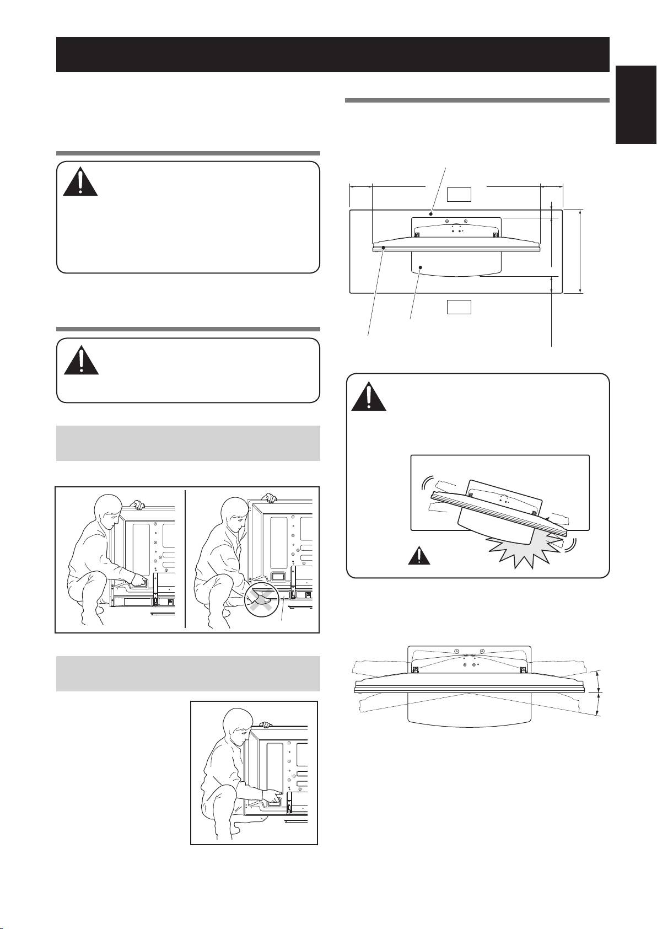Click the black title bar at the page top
pos(332,54)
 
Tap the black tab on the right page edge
pos(636,104)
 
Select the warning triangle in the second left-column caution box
pos(80,361)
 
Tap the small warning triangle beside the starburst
pos(419,556)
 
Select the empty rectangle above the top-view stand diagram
pos(459,194)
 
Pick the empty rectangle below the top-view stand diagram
pos(459,307)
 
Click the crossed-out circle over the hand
pos(261,598)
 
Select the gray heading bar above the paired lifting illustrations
pos(188,443)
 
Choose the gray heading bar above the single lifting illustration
pos(188,673)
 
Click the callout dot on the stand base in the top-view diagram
pos(420,267)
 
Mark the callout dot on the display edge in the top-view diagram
pos(383,249)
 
